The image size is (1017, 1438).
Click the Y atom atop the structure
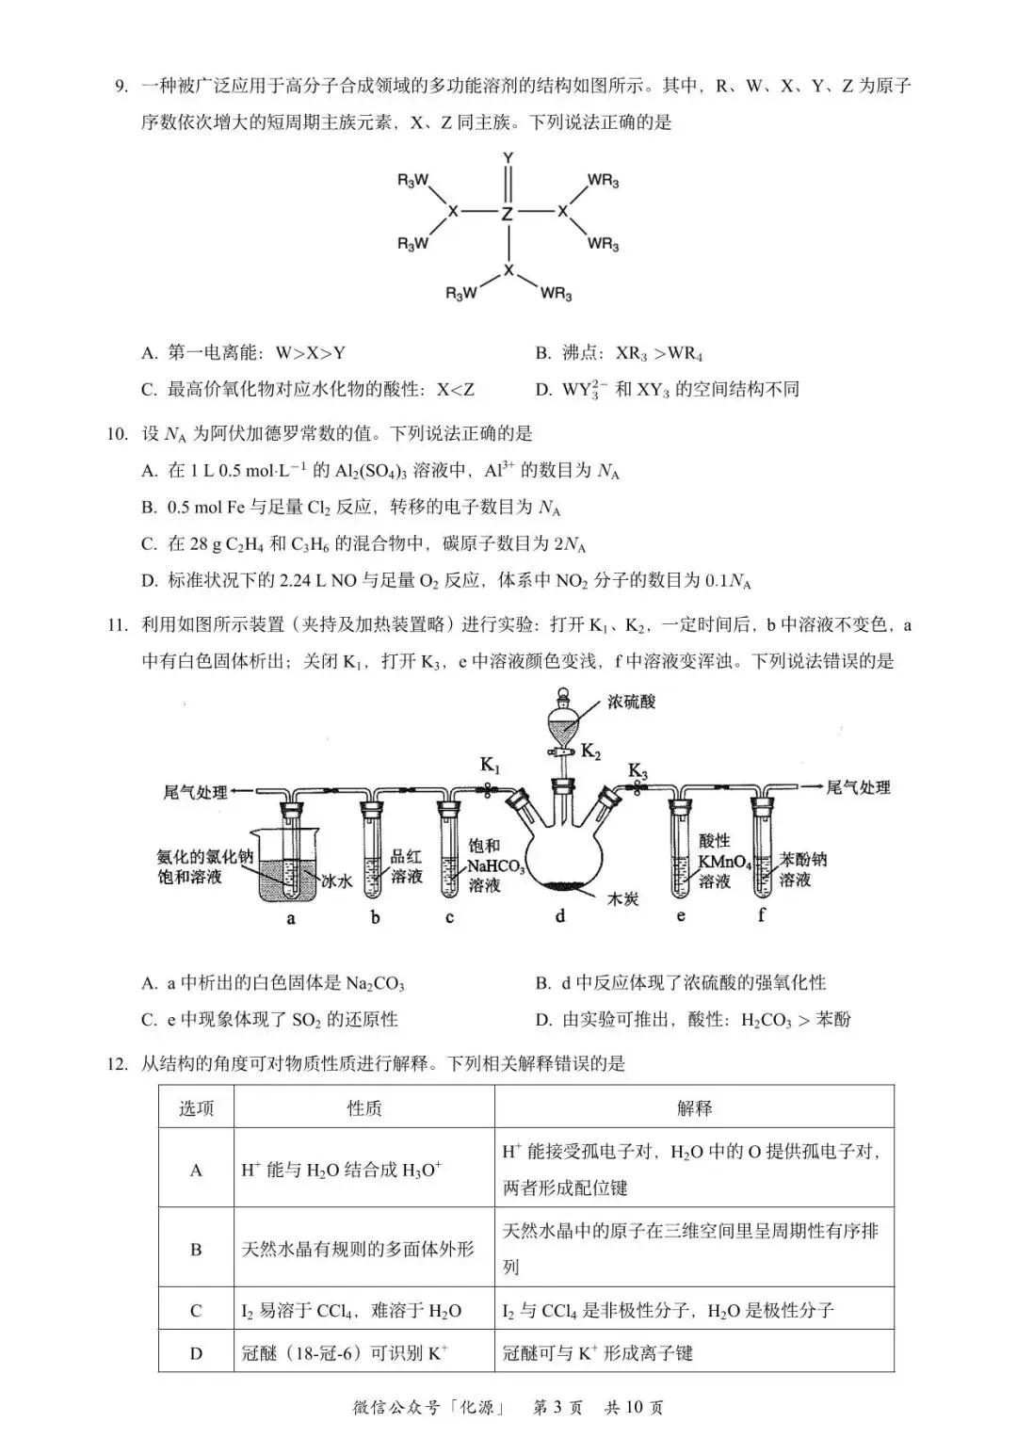tap(508, 157)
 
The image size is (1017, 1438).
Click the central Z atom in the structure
tap(508, 214)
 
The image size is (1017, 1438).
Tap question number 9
tap(120, 87)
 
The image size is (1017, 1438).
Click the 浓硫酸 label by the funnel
tap(631, 702)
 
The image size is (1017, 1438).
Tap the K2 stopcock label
tap(590, 751)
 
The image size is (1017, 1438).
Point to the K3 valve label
tap(638, 771)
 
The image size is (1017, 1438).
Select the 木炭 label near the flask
tap(622, 899)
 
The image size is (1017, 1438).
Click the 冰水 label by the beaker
tap(336, 881)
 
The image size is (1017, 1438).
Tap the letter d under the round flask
tap(560, 915)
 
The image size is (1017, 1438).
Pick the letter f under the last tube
tap(761, 914)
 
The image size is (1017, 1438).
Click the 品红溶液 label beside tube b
tap(407, 866)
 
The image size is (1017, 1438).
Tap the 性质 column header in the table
tap(364, 1108)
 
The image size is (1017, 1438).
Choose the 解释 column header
tap(694, 1108)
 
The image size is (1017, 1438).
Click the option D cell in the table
tap(196, 1353)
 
